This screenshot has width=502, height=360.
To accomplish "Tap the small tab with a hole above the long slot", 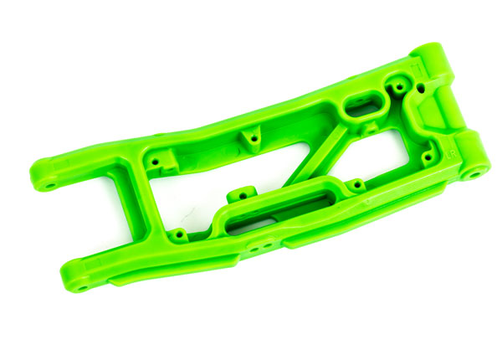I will pos(243,193).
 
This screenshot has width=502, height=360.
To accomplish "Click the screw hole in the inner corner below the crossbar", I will pos(179,233).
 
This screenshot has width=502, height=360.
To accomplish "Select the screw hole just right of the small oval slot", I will pos(398,86).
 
